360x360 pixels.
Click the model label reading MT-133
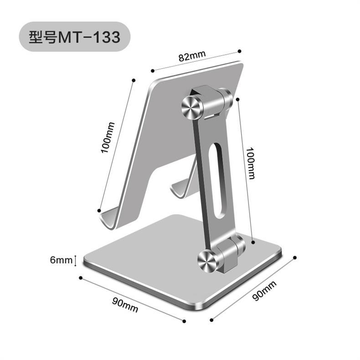click(75, 36)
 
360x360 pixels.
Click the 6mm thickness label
click(61, 260)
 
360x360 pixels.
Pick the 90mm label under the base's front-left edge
click(125, 304)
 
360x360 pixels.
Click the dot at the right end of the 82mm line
click(240, 50)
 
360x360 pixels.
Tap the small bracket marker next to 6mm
click(75, 260)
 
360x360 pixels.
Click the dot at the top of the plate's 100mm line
click(133, 80)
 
